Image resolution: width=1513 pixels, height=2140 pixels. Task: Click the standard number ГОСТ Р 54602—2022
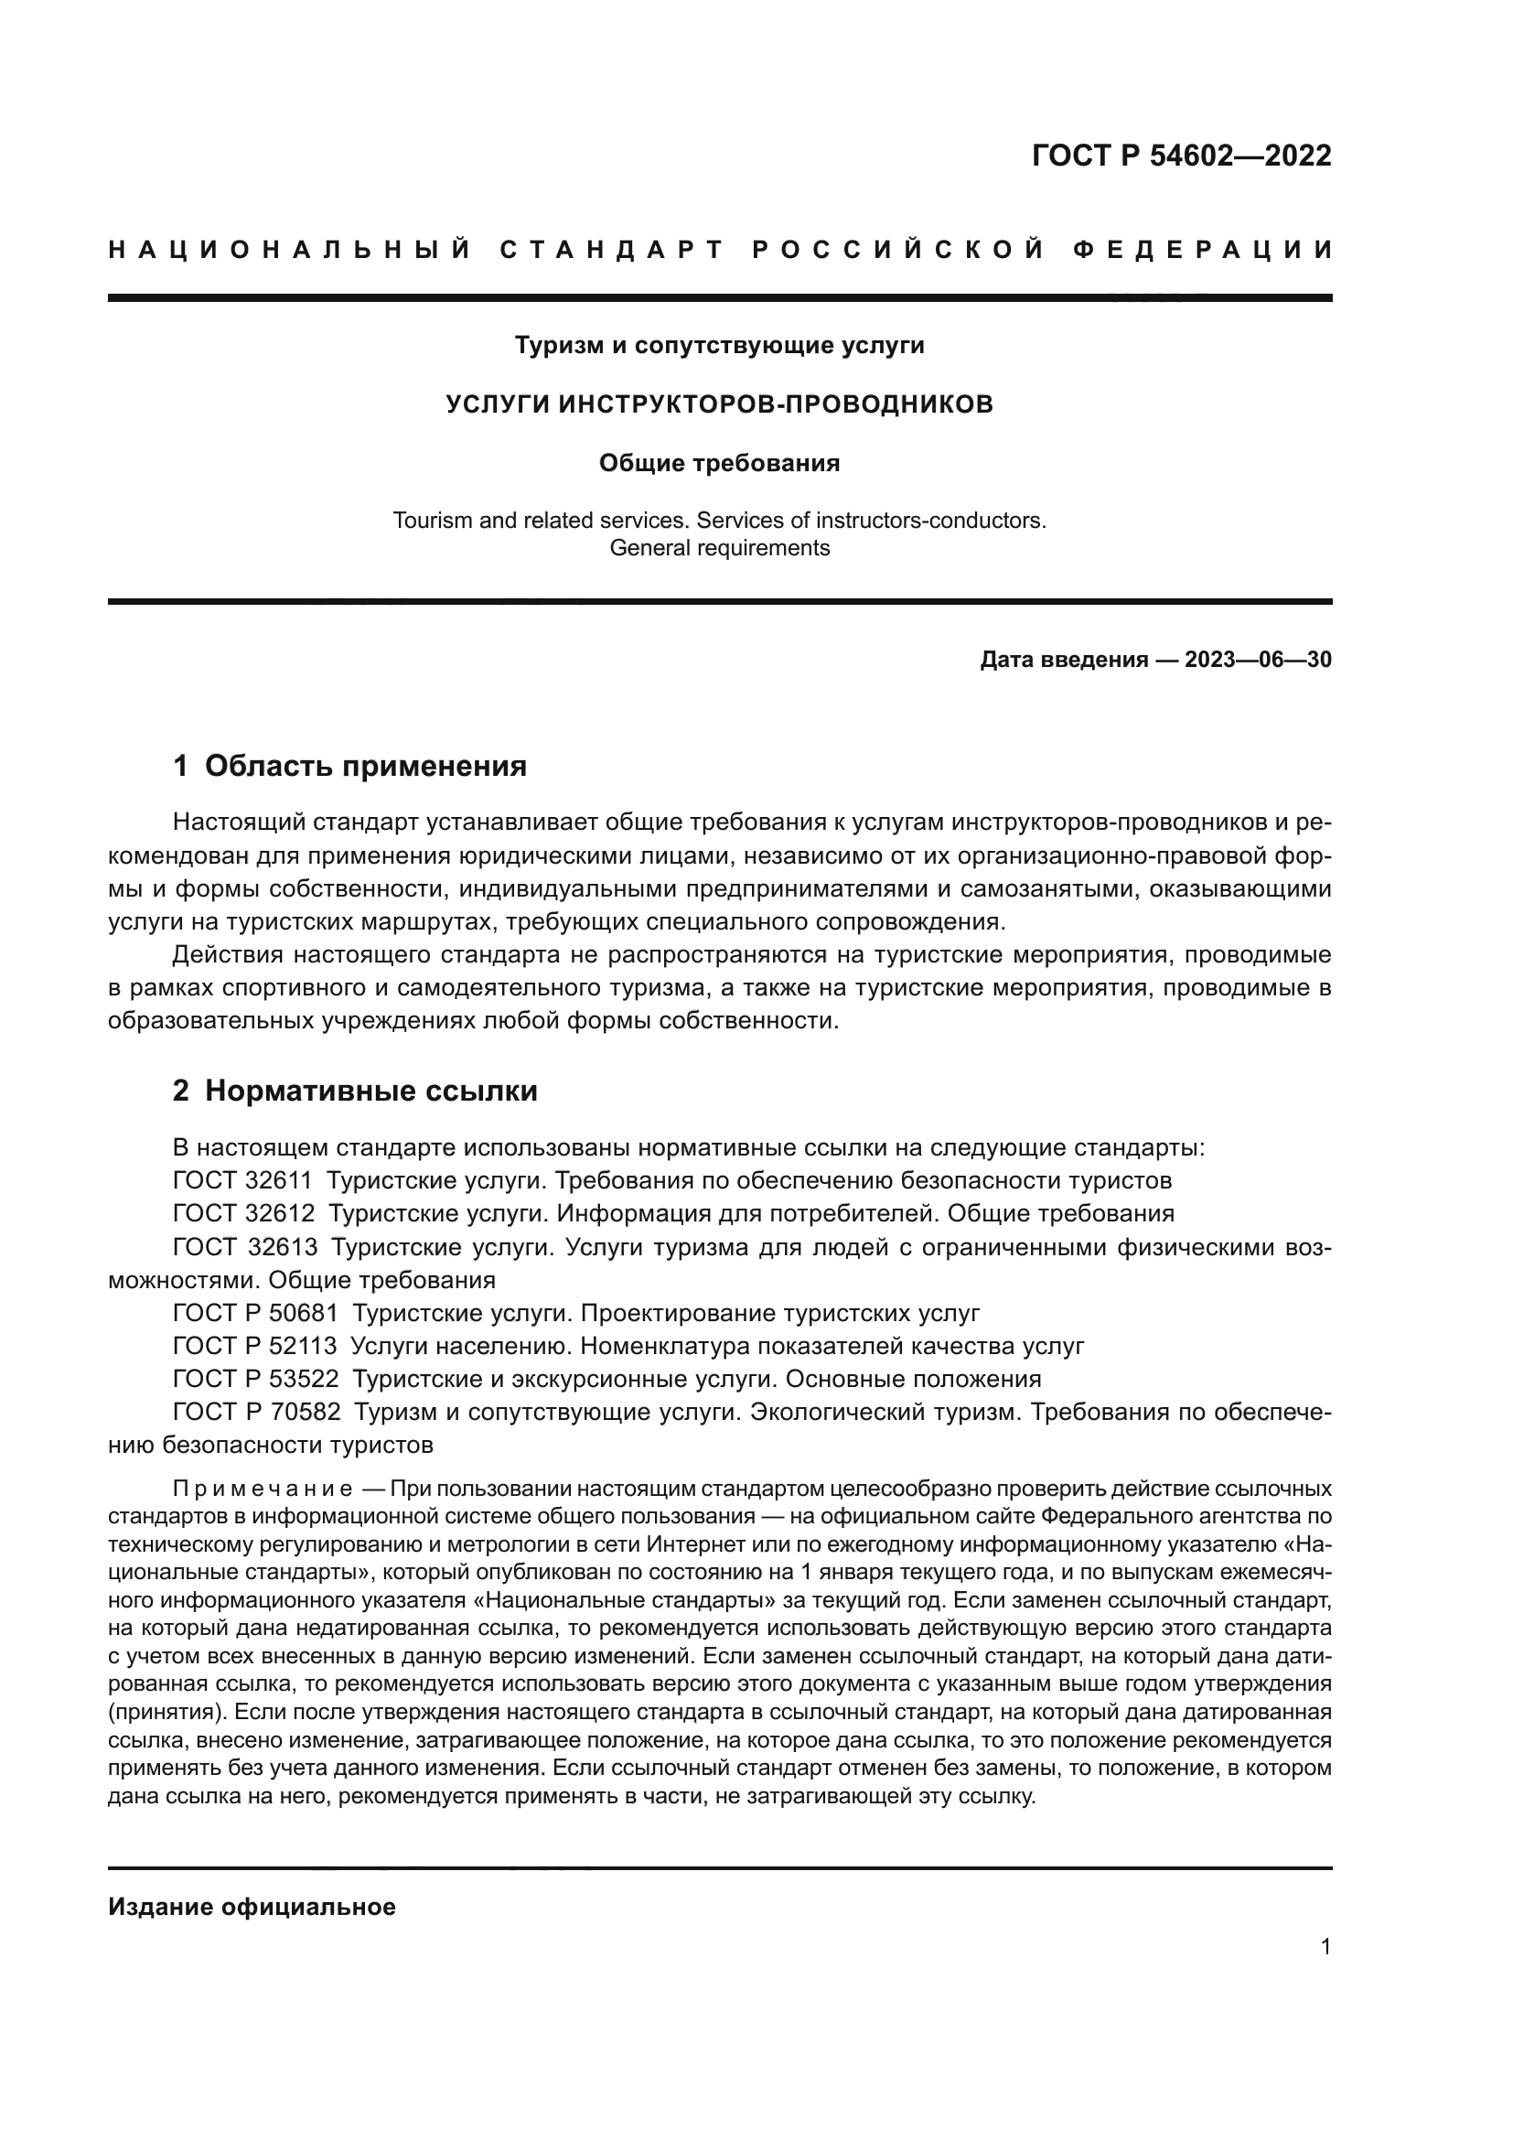pos(1180,155)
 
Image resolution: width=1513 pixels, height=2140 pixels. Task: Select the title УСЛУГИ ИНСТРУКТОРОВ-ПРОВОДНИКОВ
pos(719,404)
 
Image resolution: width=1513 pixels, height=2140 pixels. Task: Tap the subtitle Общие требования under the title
pos(719,463)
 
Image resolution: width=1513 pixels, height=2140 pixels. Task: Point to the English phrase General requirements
pos(719,548)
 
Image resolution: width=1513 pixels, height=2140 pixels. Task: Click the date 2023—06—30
pos(1258,660)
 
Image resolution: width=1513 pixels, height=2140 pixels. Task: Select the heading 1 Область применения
pos(349,766)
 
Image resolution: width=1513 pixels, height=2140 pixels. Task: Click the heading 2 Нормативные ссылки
pos(355,1091)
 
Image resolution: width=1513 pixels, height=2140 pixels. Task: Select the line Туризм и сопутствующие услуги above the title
pos(719,346)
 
